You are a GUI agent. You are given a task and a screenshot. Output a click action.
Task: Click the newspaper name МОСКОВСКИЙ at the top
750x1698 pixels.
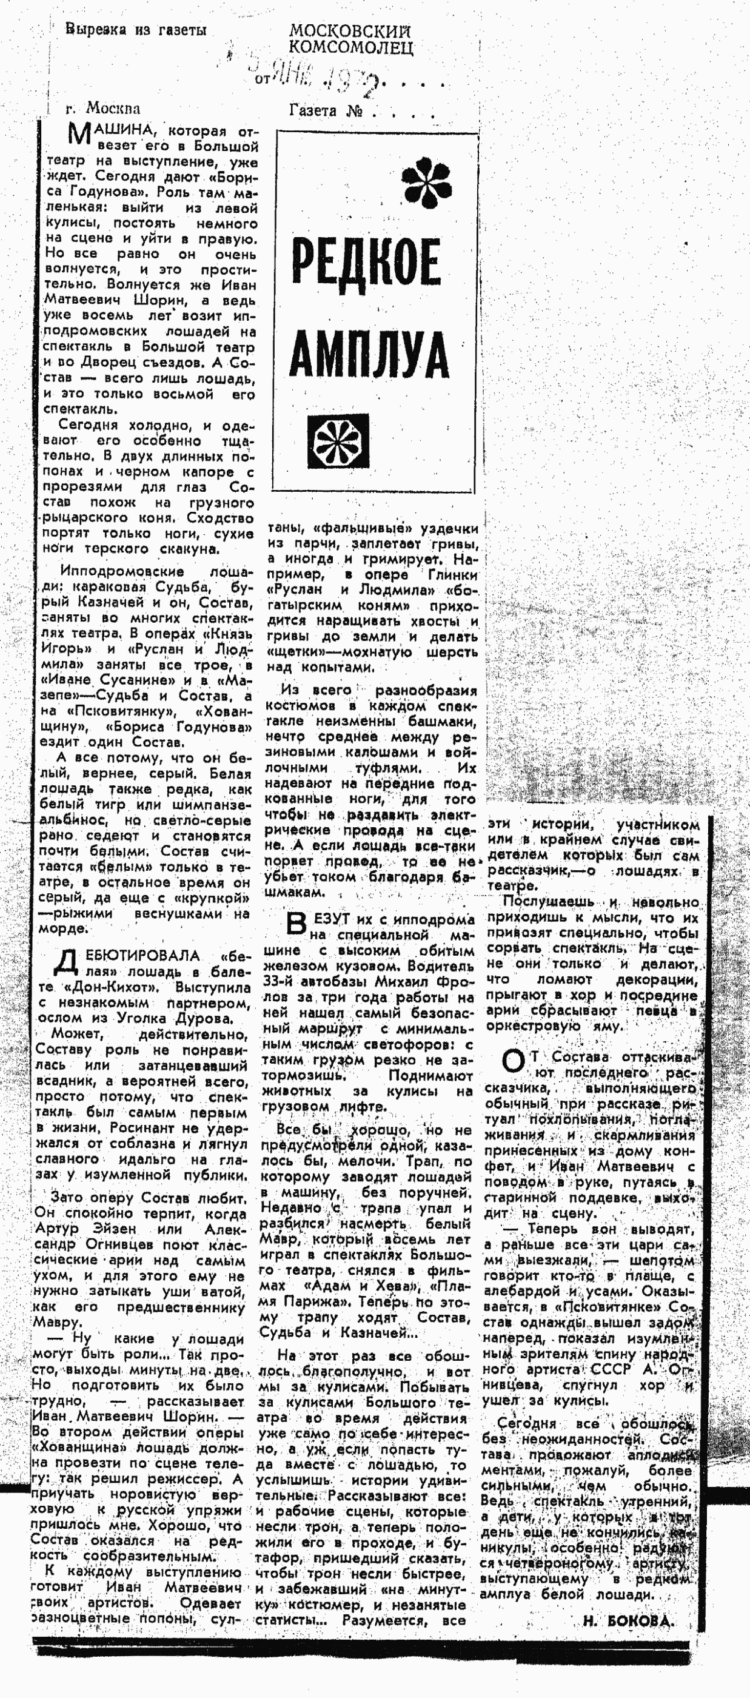coord(350,31)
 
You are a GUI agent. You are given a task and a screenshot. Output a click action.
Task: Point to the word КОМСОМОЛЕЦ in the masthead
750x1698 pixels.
coord(351,47)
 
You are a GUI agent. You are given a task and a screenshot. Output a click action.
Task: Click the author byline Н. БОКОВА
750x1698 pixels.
coord(628,1622)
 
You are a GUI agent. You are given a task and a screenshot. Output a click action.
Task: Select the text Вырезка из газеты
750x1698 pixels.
coord(136,30)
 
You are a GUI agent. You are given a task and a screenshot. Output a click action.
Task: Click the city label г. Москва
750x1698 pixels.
coord(103,108)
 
